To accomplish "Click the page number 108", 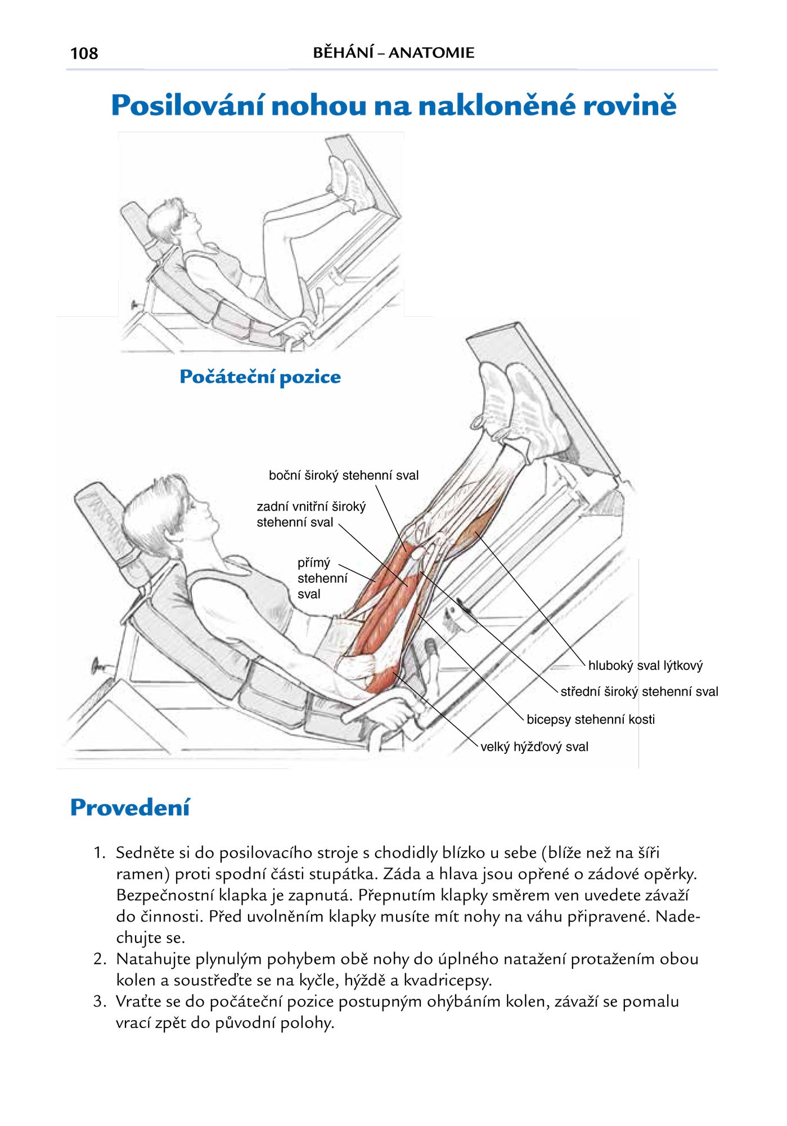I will click(x=84, y=53).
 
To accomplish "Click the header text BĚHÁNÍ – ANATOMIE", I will click(x=393, y=53).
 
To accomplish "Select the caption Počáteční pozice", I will click(x=260, y=377).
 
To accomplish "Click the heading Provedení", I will click(x=130, y=807).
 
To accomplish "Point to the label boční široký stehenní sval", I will click(x=343, y=476).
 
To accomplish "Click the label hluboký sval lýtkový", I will click(x=645, y=665).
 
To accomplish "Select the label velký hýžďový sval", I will click(x=534, y=747).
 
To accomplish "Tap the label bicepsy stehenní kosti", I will click(x=590, y=720).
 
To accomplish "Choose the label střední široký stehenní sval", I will click(x=639, y=692).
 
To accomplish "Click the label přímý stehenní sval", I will click(x=322, y=578).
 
